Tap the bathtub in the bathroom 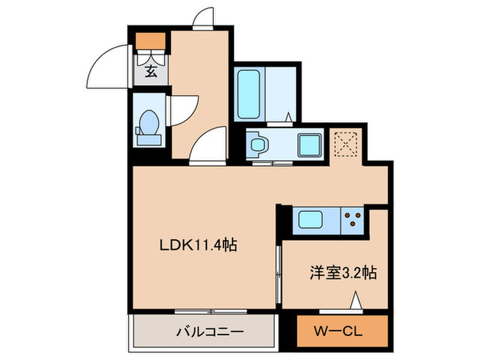pos(248,93)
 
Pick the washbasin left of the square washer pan pos(259,145)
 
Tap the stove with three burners pos(355,221)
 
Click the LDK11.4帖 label pos(198,245)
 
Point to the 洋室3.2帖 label pos(340,272)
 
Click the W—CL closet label pos(340,332)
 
